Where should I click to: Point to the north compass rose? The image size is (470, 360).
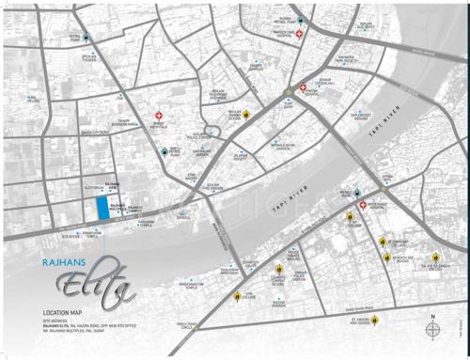click(431, 330)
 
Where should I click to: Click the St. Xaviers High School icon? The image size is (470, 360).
click(375, 321)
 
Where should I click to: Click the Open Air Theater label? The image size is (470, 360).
click(90, 58)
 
